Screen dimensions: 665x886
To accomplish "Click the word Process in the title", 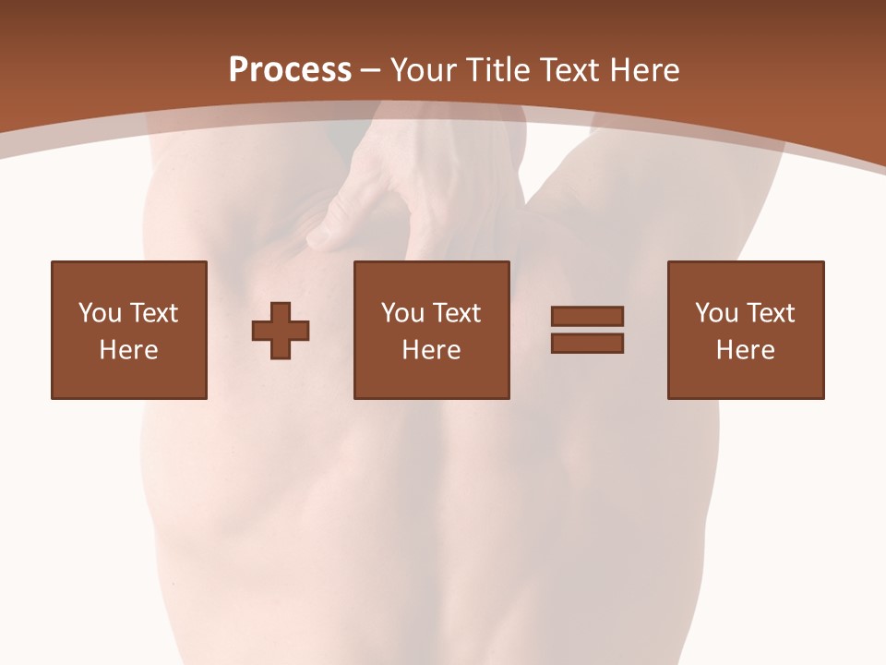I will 290,70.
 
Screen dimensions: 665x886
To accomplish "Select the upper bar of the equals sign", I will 587,316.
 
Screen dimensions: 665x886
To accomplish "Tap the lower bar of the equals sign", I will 587,344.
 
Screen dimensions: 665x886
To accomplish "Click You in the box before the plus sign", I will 99,313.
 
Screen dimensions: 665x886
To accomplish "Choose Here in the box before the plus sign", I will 128,350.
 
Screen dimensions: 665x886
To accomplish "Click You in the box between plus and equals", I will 402,313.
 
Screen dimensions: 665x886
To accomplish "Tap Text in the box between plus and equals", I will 456,313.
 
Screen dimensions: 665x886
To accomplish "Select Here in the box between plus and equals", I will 431,350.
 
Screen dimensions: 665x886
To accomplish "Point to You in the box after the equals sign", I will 716,313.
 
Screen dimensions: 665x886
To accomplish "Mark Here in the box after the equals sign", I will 745,350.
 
